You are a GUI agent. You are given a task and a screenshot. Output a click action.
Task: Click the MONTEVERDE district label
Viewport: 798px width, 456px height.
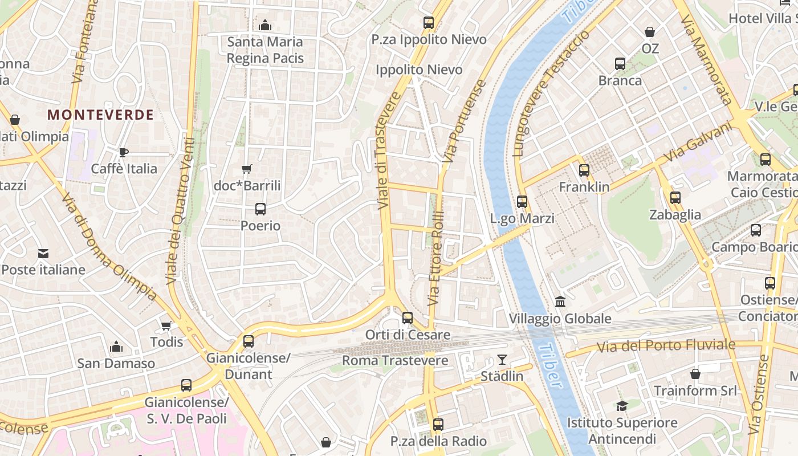tap(100, 115)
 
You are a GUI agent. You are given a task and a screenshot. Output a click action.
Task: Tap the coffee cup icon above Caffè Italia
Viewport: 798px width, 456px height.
tap(124, 152)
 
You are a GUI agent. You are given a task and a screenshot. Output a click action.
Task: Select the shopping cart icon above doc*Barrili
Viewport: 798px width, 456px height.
tap(246, 169)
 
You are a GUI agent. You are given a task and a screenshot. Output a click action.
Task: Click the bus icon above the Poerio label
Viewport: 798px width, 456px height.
tap(260, 209)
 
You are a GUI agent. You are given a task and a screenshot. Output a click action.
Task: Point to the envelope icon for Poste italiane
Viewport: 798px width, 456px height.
tap(43, 253)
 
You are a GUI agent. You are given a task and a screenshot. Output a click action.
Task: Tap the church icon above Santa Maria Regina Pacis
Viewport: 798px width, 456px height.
tap(265, 25)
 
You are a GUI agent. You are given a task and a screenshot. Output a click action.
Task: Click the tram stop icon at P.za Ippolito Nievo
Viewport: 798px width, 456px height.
tap(429, 23)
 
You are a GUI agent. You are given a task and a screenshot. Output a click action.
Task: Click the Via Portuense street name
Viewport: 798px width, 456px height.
tap(465, 121)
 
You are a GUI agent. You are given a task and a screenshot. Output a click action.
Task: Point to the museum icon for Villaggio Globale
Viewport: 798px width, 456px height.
tap(560, 302)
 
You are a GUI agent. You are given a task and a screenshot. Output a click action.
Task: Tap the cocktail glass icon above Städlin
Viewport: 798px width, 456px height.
tap(502, 359)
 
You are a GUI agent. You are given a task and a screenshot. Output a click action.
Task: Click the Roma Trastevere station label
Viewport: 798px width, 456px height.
tap(395, 361)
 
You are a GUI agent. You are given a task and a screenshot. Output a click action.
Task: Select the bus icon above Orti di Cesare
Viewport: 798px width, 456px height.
tap(408, 317)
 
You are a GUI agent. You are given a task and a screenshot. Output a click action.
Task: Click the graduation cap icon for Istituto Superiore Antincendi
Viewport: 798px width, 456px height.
tap(622, 406)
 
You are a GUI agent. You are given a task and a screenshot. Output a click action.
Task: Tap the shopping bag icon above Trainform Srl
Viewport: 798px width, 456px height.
tap(695, 374)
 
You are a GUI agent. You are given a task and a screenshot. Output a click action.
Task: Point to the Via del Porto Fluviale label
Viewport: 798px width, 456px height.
tap(666, 345)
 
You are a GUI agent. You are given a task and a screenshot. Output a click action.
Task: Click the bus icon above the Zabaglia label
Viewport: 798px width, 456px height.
tap(675, 198)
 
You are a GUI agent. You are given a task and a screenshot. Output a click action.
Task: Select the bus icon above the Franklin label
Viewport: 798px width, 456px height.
tap(584, 170)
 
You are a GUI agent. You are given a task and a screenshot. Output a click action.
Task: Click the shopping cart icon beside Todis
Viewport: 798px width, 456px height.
tap(166, 325)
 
